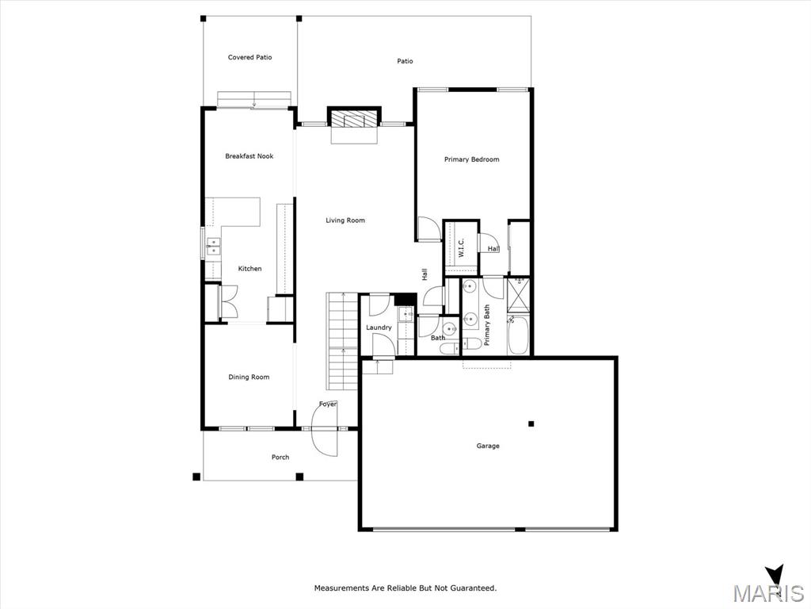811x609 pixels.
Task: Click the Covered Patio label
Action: [x=249, y=57]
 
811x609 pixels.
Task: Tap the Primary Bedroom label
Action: [x=472, y=159]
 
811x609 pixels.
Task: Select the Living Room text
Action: [x=345, y=220]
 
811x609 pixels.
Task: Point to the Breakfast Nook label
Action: [x=249, y=156]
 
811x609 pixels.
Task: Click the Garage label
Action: [x=488, y=446]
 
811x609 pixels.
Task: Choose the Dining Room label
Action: [x=249, y=377]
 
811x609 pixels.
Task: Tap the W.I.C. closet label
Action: [x=461, y=248]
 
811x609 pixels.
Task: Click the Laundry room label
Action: [x=379, y=327]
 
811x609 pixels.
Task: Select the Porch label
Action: [x=280, y=458]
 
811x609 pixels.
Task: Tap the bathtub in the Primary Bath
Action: [x=518, y=335]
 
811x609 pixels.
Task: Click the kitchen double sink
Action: [x=213, y=247]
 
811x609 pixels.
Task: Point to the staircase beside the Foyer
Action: [x=342, y=341]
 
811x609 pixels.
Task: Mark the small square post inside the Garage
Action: [x=531, y=424]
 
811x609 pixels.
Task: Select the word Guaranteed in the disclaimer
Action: [x=473, y=588]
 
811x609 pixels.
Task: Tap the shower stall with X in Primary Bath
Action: [x=518, y=295]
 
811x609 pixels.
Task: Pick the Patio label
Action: [x=405, y=61]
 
